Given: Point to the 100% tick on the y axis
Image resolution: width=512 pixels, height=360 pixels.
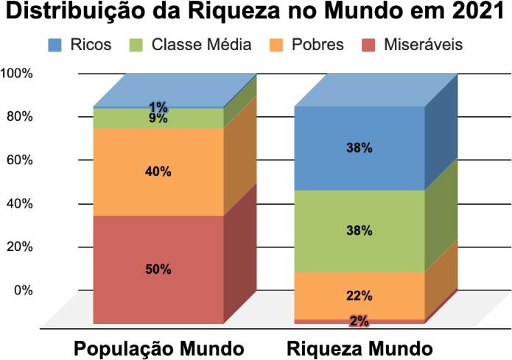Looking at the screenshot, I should click(18, 74).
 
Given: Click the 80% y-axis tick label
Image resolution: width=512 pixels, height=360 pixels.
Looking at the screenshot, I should click(21, 117).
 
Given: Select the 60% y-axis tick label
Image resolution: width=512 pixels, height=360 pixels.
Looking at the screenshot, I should click(21, 160).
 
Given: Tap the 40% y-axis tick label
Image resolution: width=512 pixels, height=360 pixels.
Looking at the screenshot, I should click(21, 203).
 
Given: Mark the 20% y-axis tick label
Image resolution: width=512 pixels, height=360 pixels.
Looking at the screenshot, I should click(21, 247).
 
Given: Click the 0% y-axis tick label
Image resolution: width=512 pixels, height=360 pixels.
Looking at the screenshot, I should click(24, 290).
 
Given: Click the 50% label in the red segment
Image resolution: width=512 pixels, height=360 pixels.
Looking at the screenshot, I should click(158, 269).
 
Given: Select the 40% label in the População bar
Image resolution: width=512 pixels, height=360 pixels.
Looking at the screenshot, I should click(158, 172).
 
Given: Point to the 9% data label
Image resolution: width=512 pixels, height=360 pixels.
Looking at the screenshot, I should click(158, 118).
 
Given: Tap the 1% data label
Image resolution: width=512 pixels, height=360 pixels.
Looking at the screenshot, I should click(158, 107).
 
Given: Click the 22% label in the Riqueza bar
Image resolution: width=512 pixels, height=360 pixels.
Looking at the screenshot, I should click(360, 296).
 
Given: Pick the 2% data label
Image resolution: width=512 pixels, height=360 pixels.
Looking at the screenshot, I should click(360, 321).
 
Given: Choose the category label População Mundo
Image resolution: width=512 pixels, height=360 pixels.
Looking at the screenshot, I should click(158, 347).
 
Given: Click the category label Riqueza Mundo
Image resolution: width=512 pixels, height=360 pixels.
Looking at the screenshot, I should click(360, 347).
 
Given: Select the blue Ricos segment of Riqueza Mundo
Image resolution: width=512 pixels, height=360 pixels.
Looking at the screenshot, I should click(360, 147).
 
